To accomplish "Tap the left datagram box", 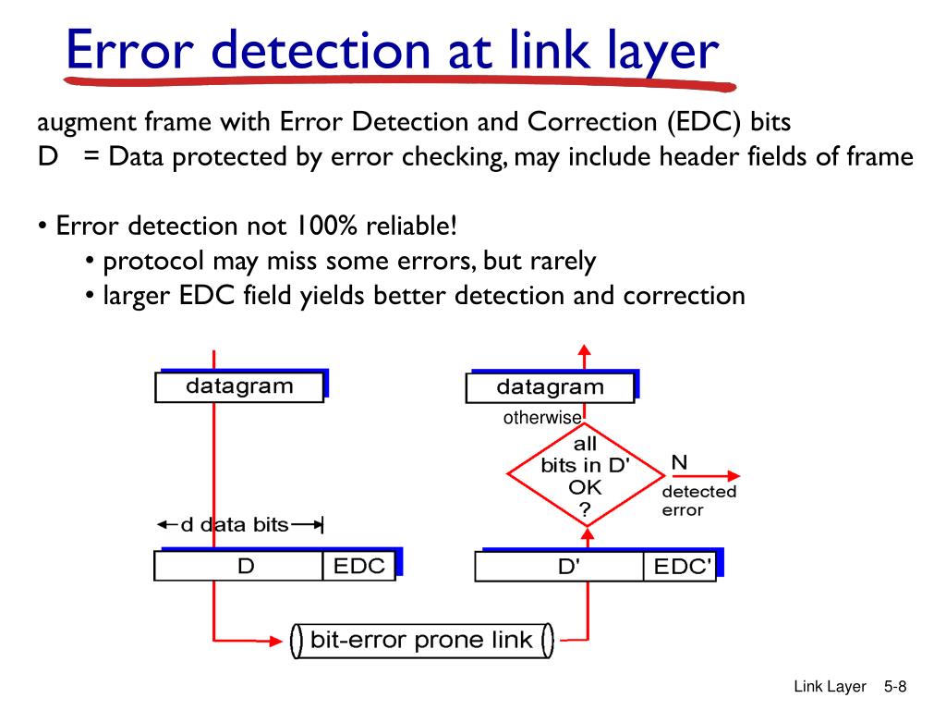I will [x=239, y=387].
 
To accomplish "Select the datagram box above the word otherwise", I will [x=551, y=387].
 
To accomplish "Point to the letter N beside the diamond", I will [x=679, y=461].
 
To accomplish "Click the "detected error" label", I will [x=698, y=500].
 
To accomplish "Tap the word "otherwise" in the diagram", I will [x=541, y=418].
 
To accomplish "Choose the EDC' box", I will [x=683, y=567].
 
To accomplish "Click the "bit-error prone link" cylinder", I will [x=421, y=640].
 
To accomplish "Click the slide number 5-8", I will [x=895, y=686].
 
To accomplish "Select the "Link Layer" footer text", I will [x=830, y=686].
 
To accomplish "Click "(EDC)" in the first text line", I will [x=694, y=122].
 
